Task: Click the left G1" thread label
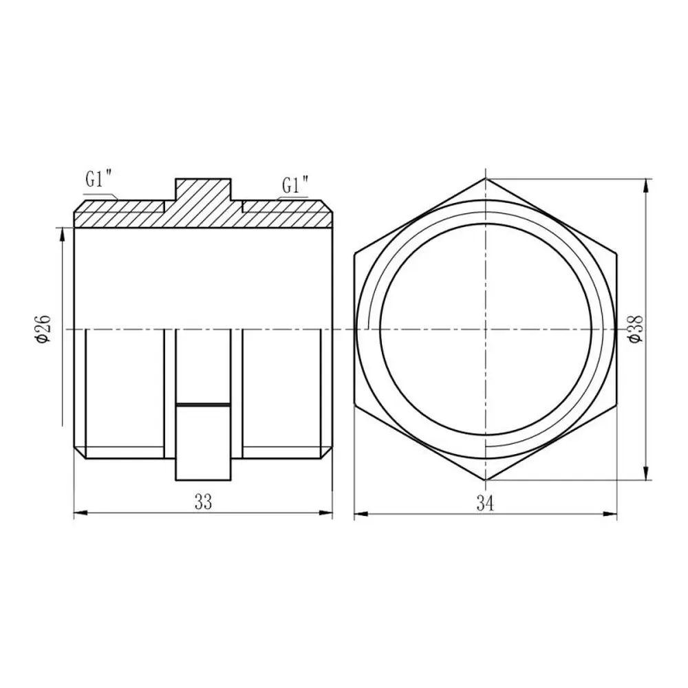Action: point(100,179)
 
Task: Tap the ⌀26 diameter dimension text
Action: point(44,329)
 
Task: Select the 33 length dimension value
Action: point(203,502)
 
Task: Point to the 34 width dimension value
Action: point(485,504)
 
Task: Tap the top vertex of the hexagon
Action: point(485,178)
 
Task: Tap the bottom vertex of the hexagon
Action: point(485,480)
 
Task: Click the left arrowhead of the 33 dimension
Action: point(80,513)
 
